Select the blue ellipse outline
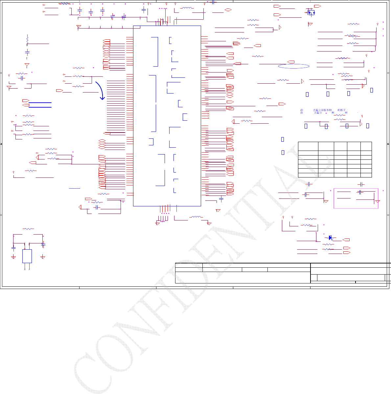click(294, 66)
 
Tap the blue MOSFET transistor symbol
click(310, 13)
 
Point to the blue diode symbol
click(330, 238)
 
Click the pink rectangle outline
click(356, 198)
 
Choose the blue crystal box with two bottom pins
click(27, 256)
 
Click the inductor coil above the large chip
click(188, 8)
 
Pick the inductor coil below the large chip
click(196, 217)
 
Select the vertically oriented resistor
click(27, 39)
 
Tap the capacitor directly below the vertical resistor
click(27, 52)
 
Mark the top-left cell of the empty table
click(308, 146)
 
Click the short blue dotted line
click(75, 189)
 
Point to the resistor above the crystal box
click(28, 229)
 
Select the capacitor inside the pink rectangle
click(360, 192)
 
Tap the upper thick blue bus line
click(40, 103)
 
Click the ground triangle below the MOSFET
click(310, 24)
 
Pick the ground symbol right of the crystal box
click(42, 257)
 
